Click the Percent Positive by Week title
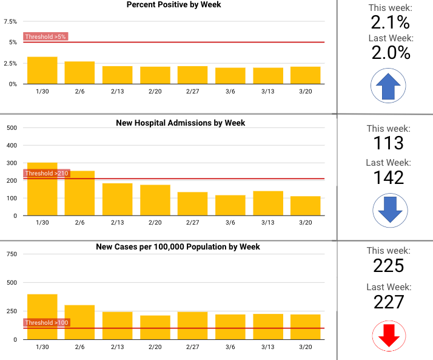point(173,5)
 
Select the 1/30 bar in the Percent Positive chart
point(42,70)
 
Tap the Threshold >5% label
point(45,36)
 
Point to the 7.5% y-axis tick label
point(10,21)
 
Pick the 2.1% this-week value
point(390,23)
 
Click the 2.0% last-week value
point(390,53)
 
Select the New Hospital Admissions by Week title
point(180,123)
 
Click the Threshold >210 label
point(47,174)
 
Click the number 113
point(389,143)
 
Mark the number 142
point(389,177)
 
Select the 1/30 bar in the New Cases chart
point(42,316)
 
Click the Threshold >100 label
point(47,322)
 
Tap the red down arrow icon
point(389,336)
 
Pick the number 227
point(389,302)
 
